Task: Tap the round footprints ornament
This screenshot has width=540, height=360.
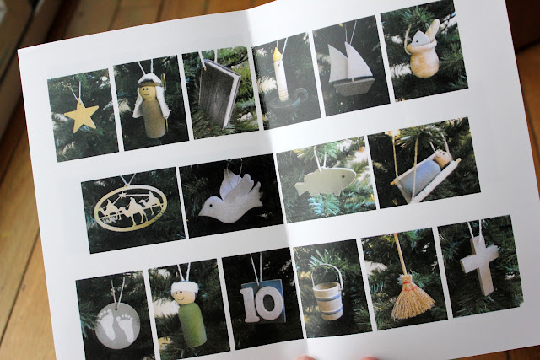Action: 117,325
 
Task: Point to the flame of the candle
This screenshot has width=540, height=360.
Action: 276,54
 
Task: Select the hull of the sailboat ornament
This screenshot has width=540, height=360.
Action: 354,86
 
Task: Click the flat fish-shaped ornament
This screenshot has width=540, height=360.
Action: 326,180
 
